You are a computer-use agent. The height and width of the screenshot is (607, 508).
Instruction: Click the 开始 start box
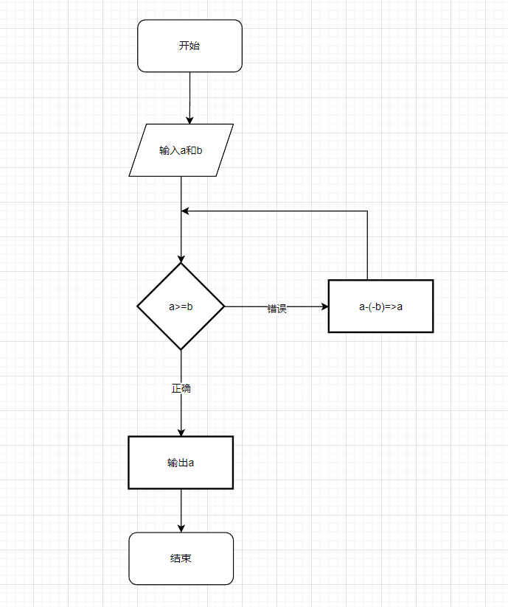(189, 46)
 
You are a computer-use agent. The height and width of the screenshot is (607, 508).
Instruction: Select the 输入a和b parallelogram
(181, 150)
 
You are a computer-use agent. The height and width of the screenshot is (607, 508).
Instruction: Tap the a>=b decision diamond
(181, 306)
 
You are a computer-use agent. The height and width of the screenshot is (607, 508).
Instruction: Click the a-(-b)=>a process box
(380, 306)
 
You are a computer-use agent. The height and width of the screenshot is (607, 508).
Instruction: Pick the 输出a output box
(181, 463)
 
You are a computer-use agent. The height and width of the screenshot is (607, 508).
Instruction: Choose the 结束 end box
(181, 558)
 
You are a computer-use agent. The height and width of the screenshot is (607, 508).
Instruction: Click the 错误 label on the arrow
(276, 309)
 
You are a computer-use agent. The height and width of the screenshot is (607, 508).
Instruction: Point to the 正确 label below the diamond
(181, 388)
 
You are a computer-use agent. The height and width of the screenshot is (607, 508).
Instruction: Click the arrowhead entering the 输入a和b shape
(189, 119)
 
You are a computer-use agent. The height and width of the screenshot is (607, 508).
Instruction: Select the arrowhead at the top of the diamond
(181, 258)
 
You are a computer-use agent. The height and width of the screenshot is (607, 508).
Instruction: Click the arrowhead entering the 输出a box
(181, 432)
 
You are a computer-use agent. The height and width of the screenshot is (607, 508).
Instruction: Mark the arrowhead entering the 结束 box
(181, 527)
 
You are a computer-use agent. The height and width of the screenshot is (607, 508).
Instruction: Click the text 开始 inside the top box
(189, 46)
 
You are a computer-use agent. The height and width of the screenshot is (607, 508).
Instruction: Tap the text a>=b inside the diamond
(181, 306)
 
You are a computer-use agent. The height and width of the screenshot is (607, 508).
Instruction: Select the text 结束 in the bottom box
(181, 558)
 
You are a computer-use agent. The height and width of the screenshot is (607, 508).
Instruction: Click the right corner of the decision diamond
(223, 306)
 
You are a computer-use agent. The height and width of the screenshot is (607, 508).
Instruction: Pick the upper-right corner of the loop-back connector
(367, 211)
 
